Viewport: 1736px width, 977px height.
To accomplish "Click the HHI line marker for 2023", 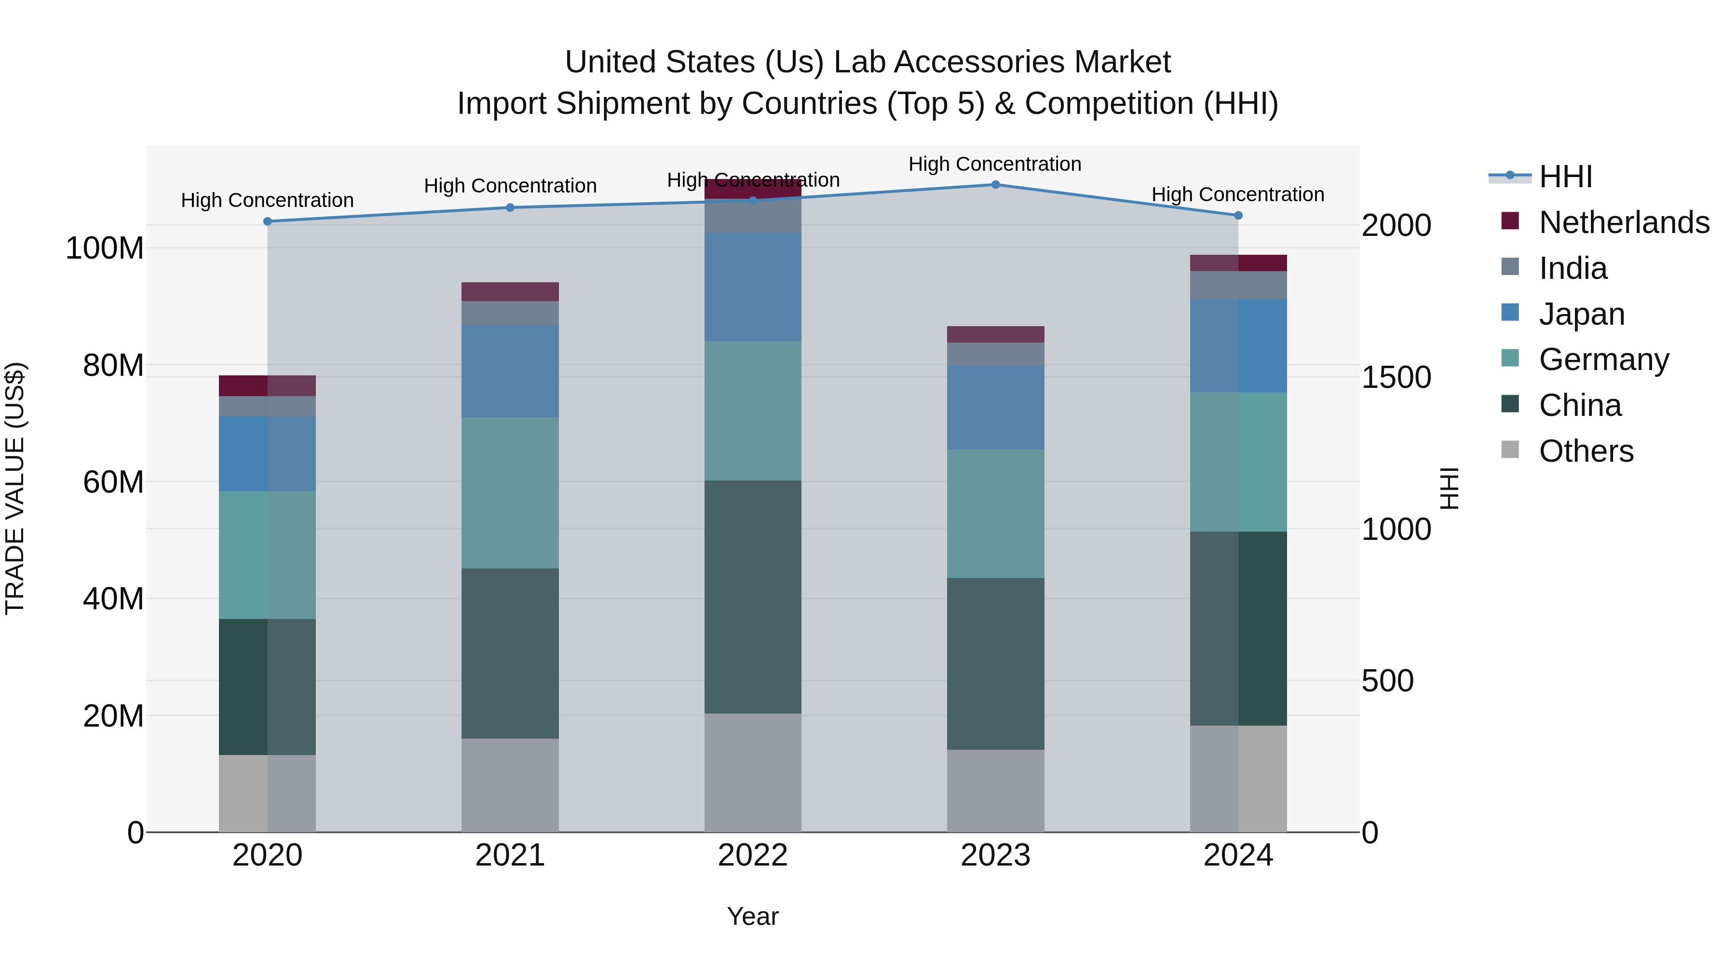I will point(995,185).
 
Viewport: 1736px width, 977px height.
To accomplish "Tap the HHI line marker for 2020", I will point(268,221).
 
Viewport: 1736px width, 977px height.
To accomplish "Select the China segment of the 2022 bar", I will point(753,597).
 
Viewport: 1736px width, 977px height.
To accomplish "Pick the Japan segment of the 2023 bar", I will point(995,407).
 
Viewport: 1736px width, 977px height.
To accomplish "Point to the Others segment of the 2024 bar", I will point(1238,779).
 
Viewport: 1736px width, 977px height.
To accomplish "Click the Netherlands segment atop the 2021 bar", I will point(510,291).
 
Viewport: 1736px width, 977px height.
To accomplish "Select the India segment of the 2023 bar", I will point(995,354).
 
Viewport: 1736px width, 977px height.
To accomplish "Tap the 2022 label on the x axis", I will point(753,855).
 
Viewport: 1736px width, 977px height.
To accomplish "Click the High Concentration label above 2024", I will point(1238,194).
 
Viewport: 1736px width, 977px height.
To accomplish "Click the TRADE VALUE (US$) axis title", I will point(15,488).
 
